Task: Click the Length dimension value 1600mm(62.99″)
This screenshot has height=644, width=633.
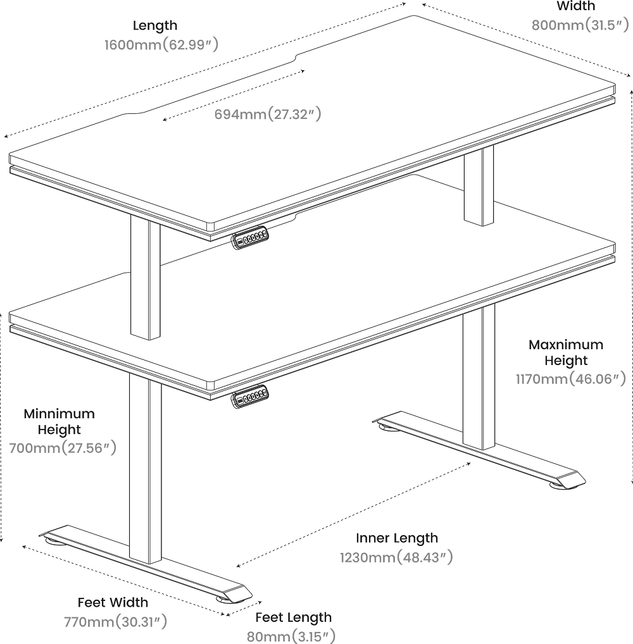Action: coord(161,44)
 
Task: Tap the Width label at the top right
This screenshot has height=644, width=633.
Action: coord(576,6)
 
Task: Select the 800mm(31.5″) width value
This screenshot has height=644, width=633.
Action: coord(580,25)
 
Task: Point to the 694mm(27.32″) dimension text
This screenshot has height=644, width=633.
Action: coord(268,114)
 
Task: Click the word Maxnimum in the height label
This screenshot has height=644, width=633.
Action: coord(566,344)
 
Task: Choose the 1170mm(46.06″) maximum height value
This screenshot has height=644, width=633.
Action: coord(571,379)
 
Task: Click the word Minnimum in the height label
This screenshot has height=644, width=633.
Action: coord(60,413)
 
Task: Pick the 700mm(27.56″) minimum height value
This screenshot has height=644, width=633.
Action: coord(63,448)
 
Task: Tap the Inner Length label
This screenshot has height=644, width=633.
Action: coord(397,538)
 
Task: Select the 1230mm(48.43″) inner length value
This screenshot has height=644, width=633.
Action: coord(396,557)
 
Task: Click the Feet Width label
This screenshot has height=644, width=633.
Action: coord(113,602)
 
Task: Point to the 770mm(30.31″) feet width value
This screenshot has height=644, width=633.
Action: coord(115,622)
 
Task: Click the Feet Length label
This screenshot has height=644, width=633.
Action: coord(294,617)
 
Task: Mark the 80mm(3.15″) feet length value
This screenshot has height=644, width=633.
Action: coord(291,636)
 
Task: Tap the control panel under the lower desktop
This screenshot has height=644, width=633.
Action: coord(250,397)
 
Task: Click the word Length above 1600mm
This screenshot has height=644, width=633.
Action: coord(155,25)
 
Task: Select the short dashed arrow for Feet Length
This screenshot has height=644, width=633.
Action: coord(244,609)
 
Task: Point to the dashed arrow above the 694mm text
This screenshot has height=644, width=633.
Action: coord(234,96)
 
